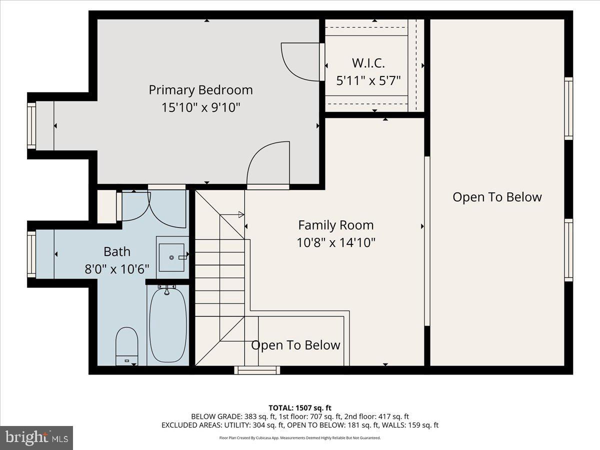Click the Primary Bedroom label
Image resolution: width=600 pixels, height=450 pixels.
point(200,90)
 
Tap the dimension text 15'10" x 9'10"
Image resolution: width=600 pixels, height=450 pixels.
point(200,107)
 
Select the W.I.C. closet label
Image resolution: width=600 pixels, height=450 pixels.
point(368,63)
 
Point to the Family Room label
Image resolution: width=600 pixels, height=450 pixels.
point(335,225)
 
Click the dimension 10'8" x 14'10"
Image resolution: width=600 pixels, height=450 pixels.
point(335,242)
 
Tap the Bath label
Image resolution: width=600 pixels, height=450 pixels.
point(117,251)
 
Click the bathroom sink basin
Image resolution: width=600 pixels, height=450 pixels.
point(171,257)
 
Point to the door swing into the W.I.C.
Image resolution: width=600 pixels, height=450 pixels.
point(299,61)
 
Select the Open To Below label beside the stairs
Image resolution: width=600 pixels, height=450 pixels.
point(295,345)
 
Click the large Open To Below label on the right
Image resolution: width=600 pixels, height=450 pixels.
point(497,197)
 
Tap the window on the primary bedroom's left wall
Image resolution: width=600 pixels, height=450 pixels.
point(31,125)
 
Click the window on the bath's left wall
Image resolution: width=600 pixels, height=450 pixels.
point(31,254)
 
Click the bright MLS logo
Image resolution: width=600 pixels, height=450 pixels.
point(36,437)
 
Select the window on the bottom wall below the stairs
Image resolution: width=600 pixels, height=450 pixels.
point(257,370)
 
